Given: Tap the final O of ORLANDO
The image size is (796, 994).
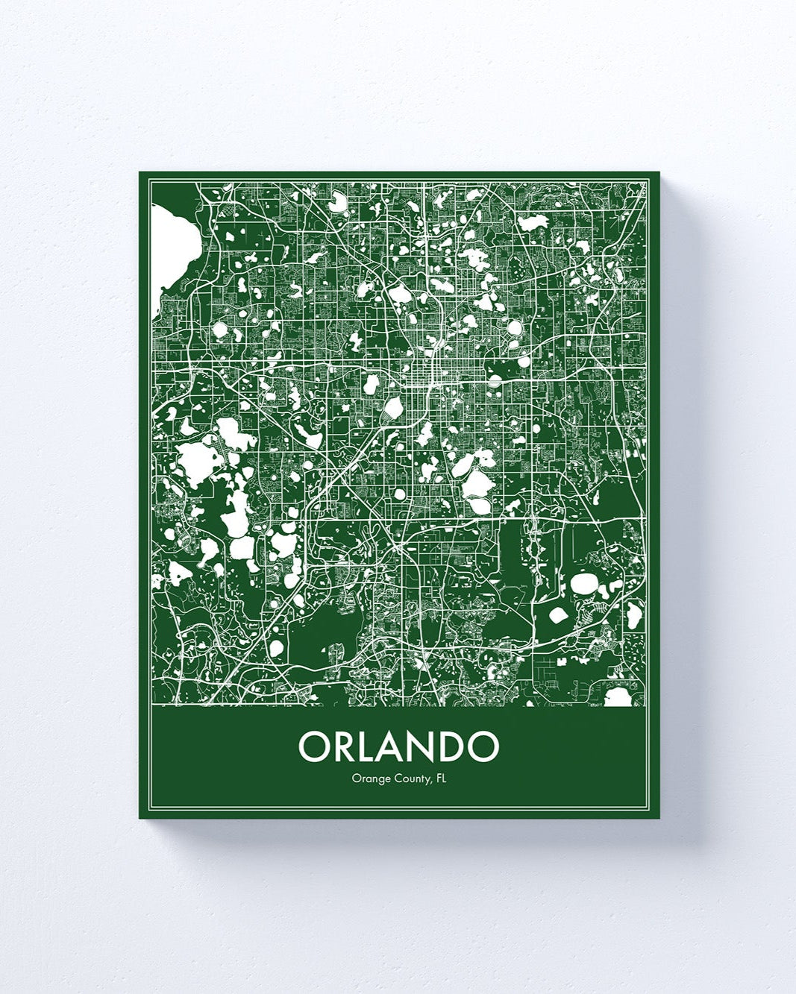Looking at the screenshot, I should (x=482, y=746).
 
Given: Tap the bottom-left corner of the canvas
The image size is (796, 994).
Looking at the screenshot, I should (x=140, y=817).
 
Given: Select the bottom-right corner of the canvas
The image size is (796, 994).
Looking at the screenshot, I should (x=659, y=818).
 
